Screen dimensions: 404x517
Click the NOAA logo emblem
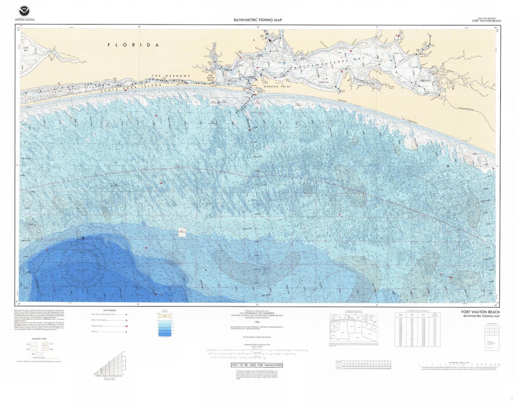coord(24,11)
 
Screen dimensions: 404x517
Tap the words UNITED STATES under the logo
coord(24,20)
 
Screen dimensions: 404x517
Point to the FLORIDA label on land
coord(133,45)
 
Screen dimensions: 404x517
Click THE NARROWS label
coord(171,76)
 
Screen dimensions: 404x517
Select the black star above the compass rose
coord(83,238)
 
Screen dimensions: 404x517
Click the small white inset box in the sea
coord(182,232)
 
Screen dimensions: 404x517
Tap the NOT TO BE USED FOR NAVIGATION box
coord(257,365)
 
